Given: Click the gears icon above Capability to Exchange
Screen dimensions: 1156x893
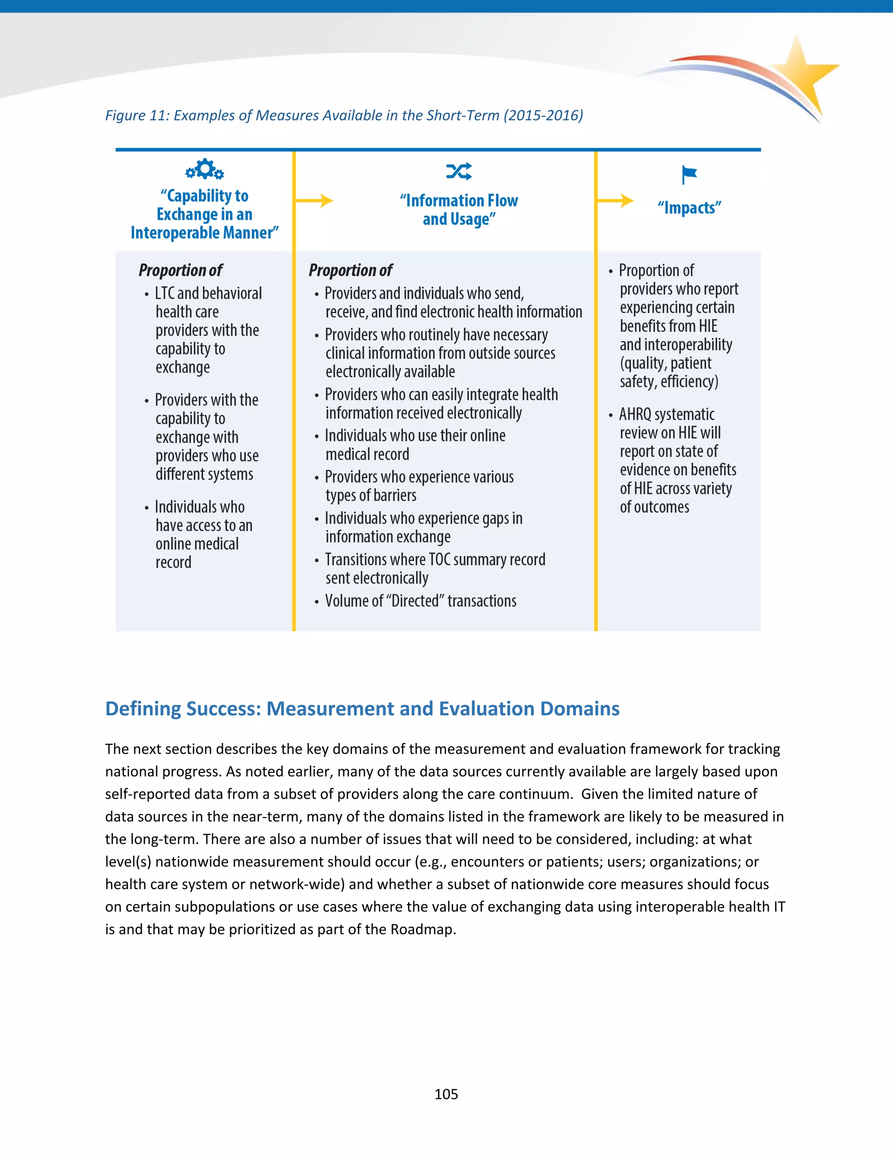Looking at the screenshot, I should point(204,169).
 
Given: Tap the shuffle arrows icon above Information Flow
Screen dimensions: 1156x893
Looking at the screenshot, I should point(459,171).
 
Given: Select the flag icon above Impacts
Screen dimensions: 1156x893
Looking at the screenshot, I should point(689,174).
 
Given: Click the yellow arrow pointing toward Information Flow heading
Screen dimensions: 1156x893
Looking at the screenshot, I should point(314,201).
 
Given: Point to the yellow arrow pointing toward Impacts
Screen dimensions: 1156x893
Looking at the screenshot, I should point(615,201).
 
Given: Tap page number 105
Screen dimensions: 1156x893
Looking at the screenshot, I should point(446,1094).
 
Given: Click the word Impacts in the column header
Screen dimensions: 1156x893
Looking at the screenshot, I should point(689,208).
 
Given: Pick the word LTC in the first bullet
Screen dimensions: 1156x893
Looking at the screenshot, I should point(164,293).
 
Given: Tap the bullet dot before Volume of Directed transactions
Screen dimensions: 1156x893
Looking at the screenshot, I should point(317,602).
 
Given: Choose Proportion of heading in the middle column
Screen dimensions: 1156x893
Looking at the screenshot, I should point(350,270).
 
